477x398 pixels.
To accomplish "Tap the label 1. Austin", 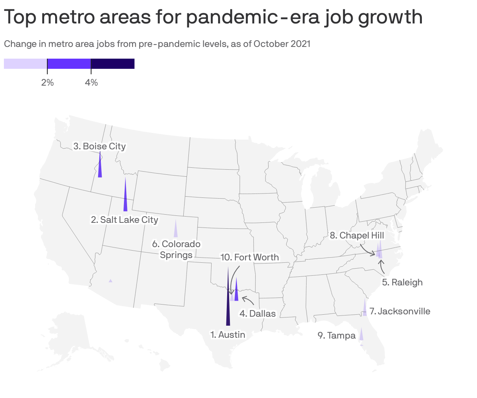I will pyautogui.click(x=228, y=335).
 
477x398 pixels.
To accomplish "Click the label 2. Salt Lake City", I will pyautogui.click(x=124, y=220).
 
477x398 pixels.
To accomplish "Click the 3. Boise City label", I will pyautogui.click(x=99, y=146).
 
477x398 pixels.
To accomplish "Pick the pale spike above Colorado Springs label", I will pyautogui.click(x=176, y=231).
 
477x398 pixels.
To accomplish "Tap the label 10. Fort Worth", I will pyautogui.click(x=249, y=257).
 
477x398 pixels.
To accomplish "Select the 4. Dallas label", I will pyautogui.click(x=257, y=314).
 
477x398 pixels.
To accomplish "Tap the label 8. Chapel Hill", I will pyautogui.click(x=357, y=235).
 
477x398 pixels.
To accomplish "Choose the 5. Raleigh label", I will pyautogui.click(x=402, y=282).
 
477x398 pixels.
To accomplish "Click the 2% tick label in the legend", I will pyautogui.click(x=47, y=82).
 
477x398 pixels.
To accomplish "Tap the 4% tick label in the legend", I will pyautogui.click(x=91, y=82).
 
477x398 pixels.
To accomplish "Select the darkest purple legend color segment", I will pyautogui.click(x=113, y=64).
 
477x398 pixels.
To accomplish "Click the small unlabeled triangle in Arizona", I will pyautogui.click(x=111, y=281).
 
